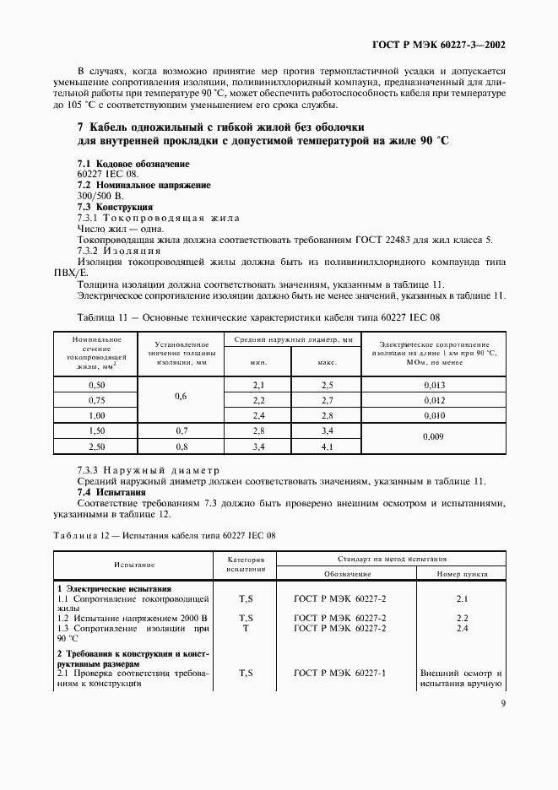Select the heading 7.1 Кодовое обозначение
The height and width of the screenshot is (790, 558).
pyautogui.click(x=133, y=163)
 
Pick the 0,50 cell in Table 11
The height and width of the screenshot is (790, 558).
pyautogui.click(x=95, y=385)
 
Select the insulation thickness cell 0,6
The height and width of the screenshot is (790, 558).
pyautogui.click(x=180, y=395)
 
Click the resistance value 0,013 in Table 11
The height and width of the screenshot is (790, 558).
pyautogui.click(x=434, y=385)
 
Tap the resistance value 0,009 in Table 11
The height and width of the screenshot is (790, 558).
pyautogui.click(x=434, y=437)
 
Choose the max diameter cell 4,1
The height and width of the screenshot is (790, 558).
pyautogui.click(x=327, y=446)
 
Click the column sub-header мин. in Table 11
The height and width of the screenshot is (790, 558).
pyautogui.click(x=258, y=362)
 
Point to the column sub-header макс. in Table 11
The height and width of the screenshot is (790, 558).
pyautogui.click(x=327, y=362)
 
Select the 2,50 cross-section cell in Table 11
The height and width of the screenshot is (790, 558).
pyautogui.click(x=95, y=446)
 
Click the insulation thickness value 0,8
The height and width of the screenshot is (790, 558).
pyautogui.click(x=180, y=446)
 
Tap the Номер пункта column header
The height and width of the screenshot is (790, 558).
pyautogui.click(x=462, y=573)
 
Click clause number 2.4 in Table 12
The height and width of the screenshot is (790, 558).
pyautogui.click(x=462, y=629)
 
